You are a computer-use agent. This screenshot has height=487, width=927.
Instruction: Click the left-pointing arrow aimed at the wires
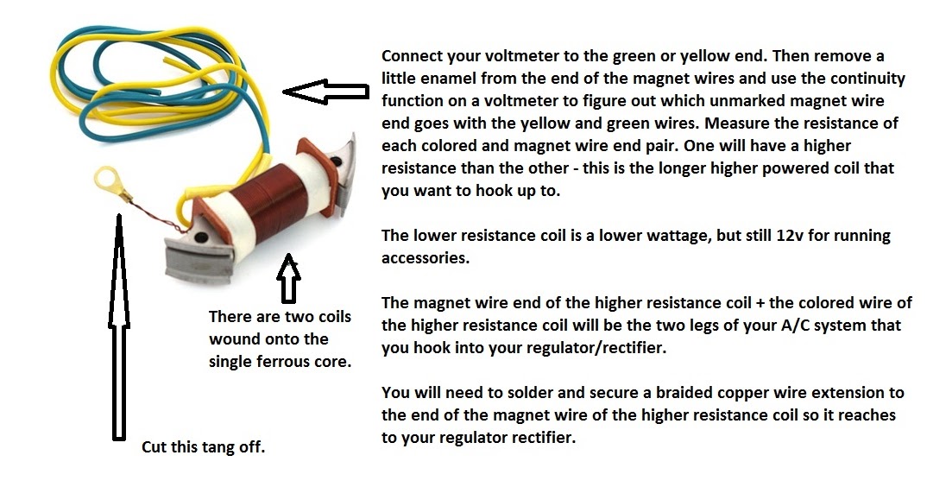pyautogui.click(x=325, y=92)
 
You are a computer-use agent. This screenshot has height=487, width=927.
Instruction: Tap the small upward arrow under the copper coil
pyautogui.click(x=288, y=278)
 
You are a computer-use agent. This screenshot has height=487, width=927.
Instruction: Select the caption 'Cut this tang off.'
pyautogui.click(x=204, y=446)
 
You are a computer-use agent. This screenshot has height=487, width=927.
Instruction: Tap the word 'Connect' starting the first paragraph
pyautogui.click(x=412, y=56)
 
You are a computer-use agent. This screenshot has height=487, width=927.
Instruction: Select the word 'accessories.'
pyautogui.click(x=425, y=258)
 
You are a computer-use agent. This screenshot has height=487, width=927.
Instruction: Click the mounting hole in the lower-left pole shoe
pyautogui.click(x=202, y=237)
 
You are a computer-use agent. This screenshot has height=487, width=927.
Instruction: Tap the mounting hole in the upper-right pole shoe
pyautogui.click(x=337, y=161)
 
